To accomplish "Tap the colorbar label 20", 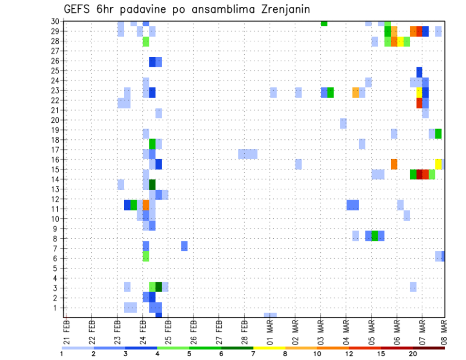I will coord(413,354).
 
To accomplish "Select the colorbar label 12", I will coord(349,354).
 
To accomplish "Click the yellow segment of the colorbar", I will coord(269,347).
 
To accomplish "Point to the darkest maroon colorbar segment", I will coord(429,347).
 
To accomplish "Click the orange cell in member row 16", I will coord(394,164).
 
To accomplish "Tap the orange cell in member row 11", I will coord(146,205).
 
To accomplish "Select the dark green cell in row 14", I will coord(152,184).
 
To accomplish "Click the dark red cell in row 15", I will coord(419,174).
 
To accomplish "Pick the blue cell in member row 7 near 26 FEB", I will coord(184,246).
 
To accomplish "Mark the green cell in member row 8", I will coord(375,236).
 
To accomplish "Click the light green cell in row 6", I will coord(146,256).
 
